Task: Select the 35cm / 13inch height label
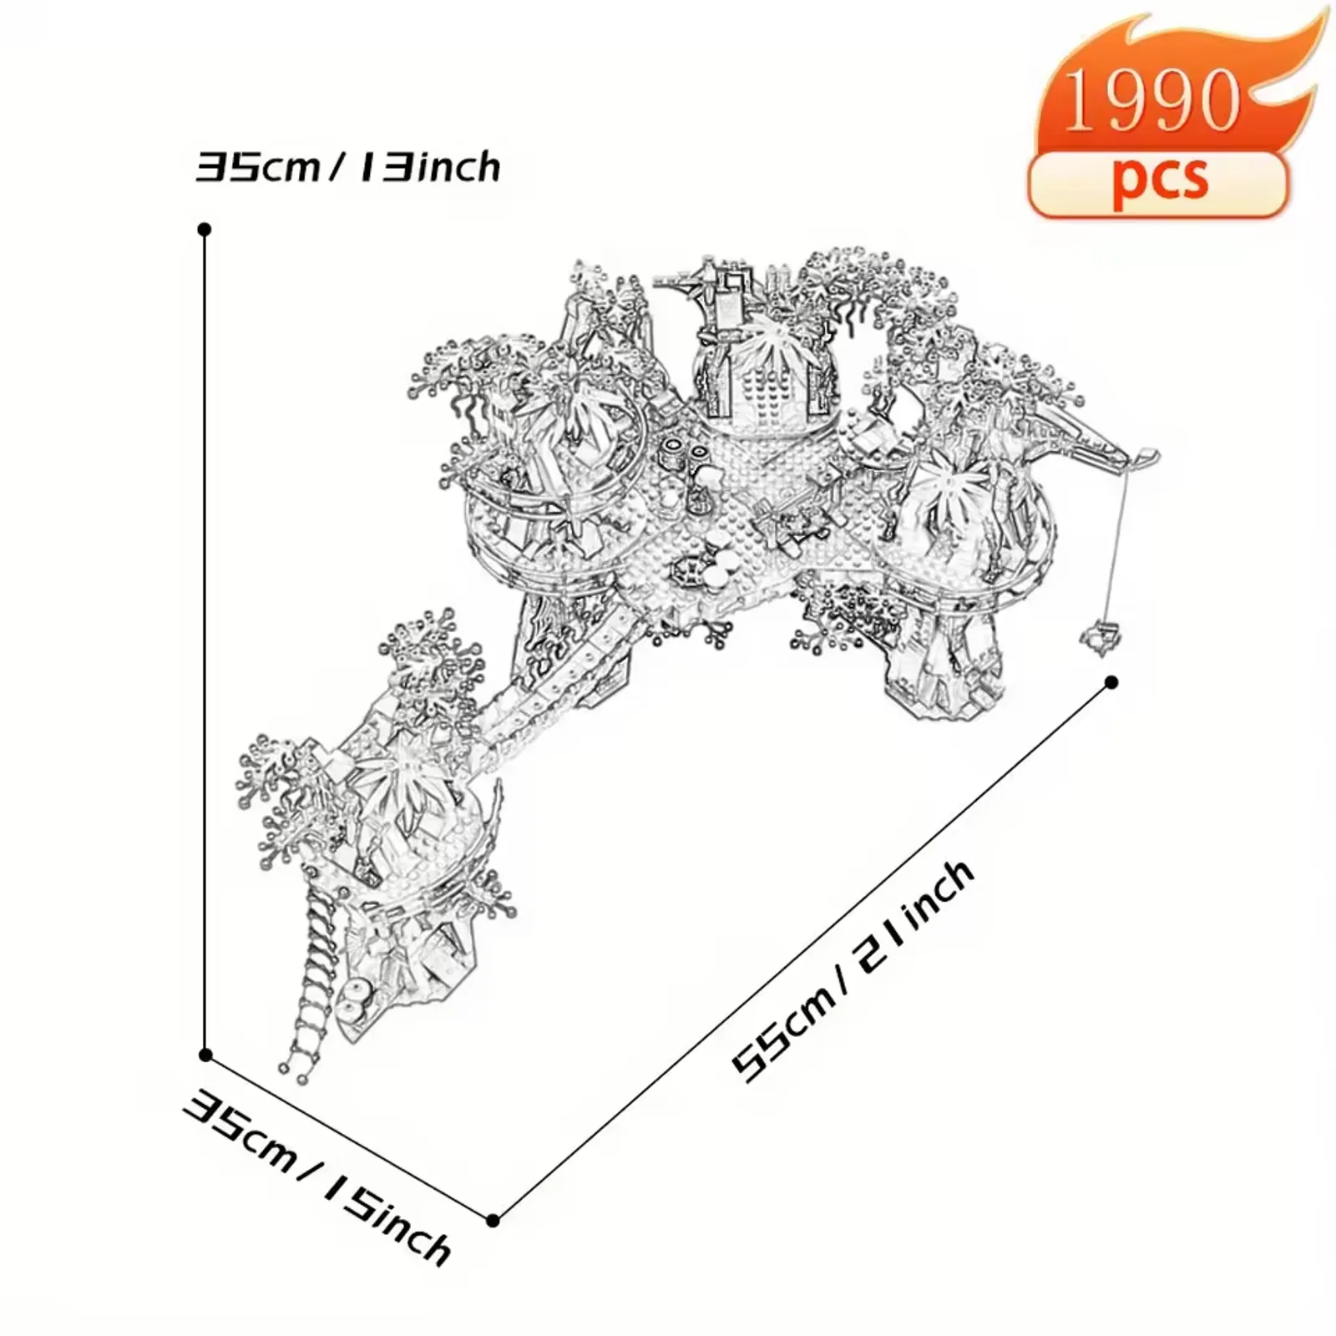[x=348, y=167]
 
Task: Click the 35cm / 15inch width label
[x=318, y=1177]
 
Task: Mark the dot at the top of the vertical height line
[x=204, y=229]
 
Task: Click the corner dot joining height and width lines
[x=205, y=1055]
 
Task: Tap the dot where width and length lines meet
[x=493, y=1221]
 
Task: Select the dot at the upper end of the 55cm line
[x=1111, y=682]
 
